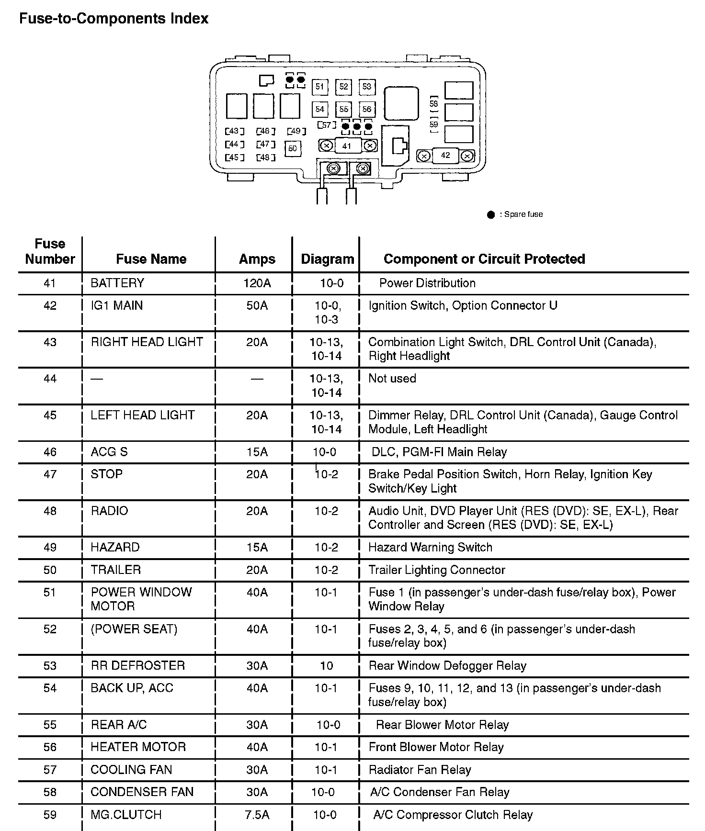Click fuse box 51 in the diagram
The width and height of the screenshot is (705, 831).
pos(319,87)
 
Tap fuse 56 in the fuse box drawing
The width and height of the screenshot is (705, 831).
pos(366,109)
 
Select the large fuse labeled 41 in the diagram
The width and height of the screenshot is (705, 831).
pos(347,146)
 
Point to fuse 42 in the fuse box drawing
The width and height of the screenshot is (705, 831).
pos(445,156)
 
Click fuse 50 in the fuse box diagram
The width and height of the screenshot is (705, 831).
pos(293,148)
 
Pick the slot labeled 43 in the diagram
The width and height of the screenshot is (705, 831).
pos(235,131)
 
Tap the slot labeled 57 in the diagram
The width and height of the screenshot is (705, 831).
pos(327,125)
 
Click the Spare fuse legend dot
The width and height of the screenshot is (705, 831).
pos(491,214)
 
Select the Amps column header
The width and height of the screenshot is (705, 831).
pos(257,259)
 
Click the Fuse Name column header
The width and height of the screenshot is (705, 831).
pos(151,259)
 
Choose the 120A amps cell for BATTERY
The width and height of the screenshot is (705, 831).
pos(257,283)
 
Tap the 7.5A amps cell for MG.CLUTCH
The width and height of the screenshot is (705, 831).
pos(257,815)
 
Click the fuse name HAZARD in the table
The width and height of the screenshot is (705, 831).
pos(115,547)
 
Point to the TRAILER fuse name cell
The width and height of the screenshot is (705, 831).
pos(116,570)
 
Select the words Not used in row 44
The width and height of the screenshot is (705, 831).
pos(392,379)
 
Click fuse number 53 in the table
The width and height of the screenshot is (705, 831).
pos(50,665)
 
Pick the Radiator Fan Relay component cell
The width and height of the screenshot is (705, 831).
pos(420,770)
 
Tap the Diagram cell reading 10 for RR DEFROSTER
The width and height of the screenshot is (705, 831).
pos(327,665)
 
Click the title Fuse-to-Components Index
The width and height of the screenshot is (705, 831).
pos(114,19)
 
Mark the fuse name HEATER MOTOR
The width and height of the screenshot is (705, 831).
pos(138,747)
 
